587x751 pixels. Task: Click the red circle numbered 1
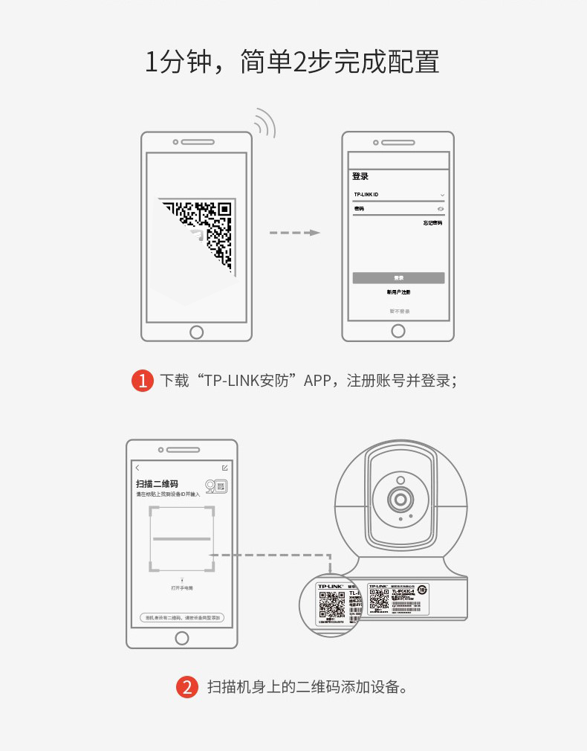(143, 381)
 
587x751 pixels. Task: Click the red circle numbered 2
(187, 686)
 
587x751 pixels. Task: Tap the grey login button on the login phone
(398, 277)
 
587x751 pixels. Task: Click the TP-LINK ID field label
(366, 195)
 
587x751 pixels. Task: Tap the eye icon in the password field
(441, 209)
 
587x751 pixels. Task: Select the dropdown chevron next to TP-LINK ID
(442, 195)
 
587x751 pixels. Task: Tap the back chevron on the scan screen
(137, 468)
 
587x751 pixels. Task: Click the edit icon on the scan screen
(225, 468)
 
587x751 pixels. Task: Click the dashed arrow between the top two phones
(294, 233)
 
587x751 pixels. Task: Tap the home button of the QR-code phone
(196, 332)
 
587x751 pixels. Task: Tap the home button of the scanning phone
(182, 638)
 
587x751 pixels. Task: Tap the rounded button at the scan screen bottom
(182, 618)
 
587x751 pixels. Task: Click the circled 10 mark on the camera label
(422, 590)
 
